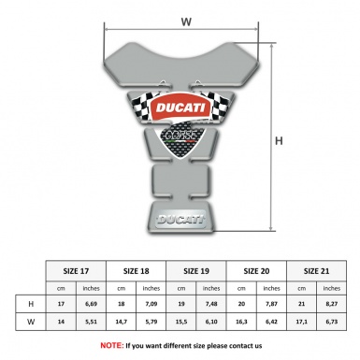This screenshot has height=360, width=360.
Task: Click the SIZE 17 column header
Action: coord(76,269)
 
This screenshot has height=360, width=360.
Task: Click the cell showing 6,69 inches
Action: coord(92,305)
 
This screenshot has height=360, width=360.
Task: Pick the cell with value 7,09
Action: coord(152,305)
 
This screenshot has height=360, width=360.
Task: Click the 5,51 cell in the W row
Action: coord(92,324)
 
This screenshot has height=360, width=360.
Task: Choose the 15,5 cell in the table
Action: coord(182,324)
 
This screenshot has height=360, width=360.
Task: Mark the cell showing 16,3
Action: coord(243,324)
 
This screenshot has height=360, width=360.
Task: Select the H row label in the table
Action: coord(31,305)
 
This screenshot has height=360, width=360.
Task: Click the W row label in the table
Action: coord(31,324)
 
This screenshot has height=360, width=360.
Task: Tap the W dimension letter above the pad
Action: coord(184,19)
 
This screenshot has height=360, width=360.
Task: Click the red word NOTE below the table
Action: coord(111,345)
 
